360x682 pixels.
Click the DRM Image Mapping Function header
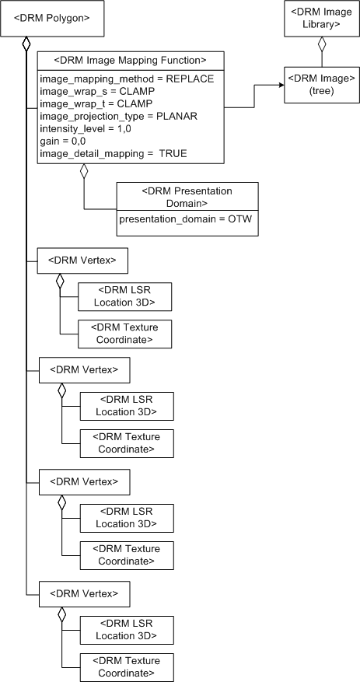click(x=131, y=60)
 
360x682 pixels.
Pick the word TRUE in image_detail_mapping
click(x=173, y=154)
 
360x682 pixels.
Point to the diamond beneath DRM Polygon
click(x=26, y=44)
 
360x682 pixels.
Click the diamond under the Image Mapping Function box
click(x=84, y=171)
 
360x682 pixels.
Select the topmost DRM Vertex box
click(x=82, y=261)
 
